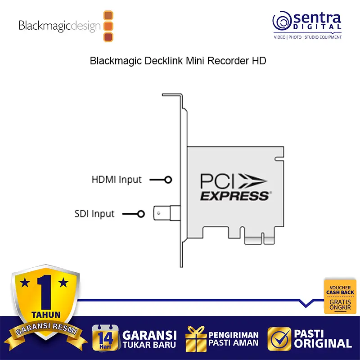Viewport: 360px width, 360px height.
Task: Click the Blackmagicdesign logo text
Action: (59, 26)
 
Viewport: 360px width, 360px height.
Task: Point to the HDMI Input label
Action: (117, 180)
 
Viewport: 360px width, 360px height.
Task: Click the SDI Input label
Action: (94, 213)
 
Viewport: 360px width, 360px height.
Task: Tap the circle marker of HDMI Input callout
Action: (168, 180)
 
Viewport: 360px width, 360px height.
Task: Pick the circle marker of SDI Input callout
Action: (141, 214)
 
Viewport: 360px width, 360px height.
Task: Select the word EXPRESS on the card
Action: (234, 196)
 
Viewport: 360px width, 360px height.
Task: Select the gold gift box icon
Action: (195, 338)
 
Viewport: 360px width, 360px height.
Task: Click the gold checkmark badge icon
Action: (279, 338)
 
